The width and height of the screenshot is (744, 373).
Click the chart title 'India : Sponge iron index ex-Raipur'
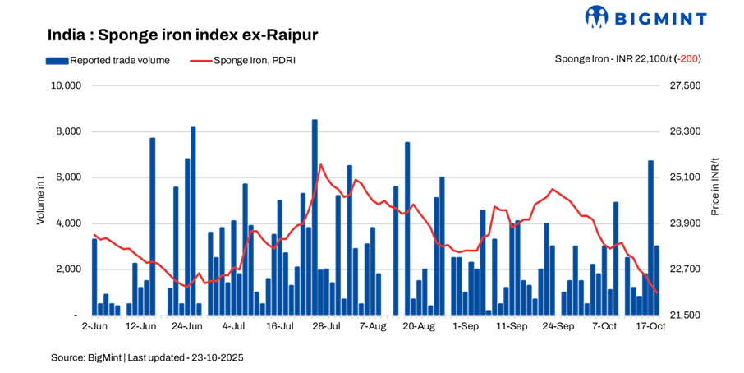tap(182, 35)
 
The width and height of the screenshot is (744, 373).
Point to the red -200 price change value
tap(687, 59)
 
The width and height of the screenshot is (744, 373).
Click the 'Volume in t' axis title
tap(40, 200)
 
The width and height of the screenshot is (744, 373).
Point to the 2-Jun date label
tap(94, 327)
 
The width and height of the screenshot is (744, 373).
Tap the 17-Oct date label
tap(650, 327)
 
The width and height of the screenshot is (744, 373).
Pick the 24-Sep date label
tap(558, 327)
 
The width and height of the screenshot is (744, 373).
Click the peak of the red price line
tap(320, 164)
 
